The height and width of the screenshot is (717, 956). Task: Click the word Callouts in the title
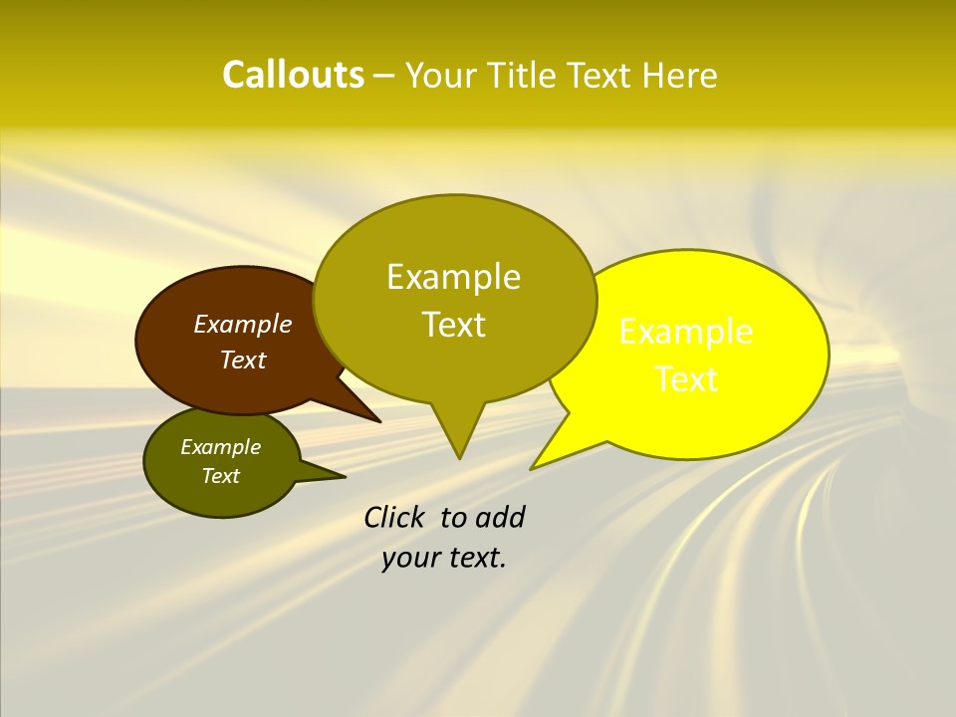[x=293, y=75]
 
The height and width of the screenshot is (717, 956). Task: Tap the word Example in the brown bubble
[x=242, y=325]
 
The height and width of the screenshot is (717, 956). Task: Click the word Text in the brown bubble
[x=242, y=360]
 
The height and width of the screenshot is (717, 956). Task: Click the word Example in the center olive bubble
[x=453, y=277]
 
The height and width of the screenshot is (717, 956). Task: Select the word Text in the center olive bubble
[x=453, y=325]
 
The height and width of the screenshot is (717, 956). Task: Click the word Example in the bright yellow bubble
[x=686, y=332]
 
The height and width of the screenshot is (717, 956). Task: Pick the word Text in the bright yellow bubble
[x=686, y=379]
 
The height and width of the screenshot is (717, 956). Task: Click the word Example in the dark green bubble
[x=220, y=447]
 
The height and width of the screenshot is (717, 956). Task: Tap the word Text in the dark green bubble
[x=220, y=476]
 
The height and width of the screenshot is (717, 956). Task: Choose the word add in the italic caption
[x=500, y=517]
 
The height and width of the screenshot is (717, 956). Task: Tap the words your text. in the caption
[x=444, y=558]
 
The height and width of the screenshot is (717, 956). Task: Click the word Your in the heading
[x=441, y=75]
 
